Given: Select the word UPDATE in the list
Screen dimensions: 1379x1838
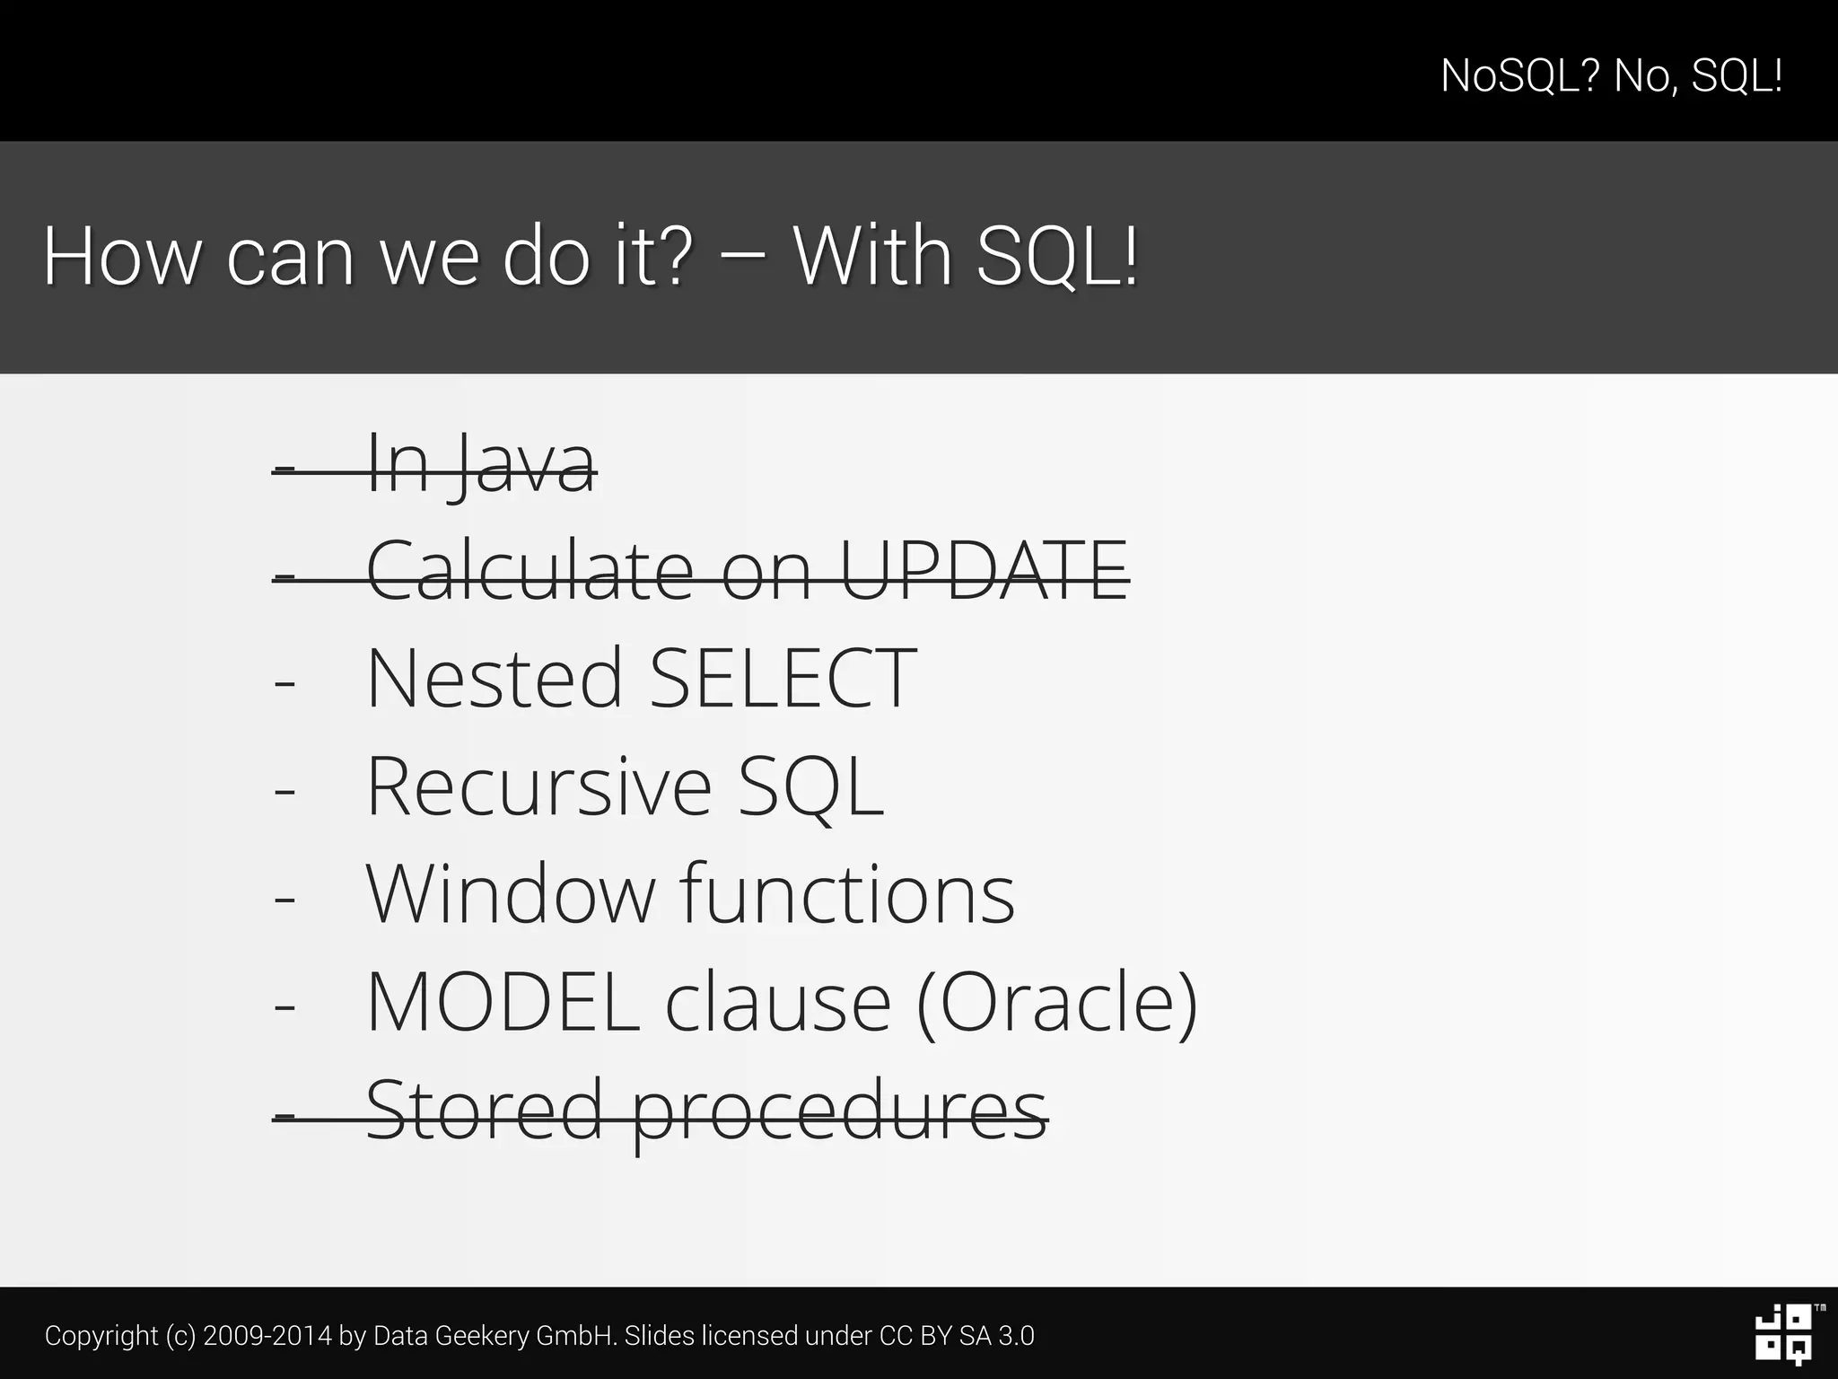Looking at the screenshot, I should point(984,570).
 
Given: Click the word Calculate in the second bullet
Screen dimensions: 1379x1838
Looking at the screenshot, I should point(530,570).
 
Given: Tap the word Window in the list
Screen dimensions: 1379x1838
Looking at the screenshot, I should point(511,894).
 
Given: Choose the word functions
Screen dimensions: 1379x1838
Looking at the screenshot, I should point(847,894).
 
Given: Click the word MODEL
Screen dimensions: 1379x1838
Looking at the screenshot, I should point(503,1002).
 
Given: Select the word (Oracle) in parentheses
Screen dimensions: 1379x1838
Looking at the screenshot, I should point(1057,1004).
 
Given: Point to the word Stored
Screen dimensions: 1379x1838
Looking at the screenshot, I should point(484,1110).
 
